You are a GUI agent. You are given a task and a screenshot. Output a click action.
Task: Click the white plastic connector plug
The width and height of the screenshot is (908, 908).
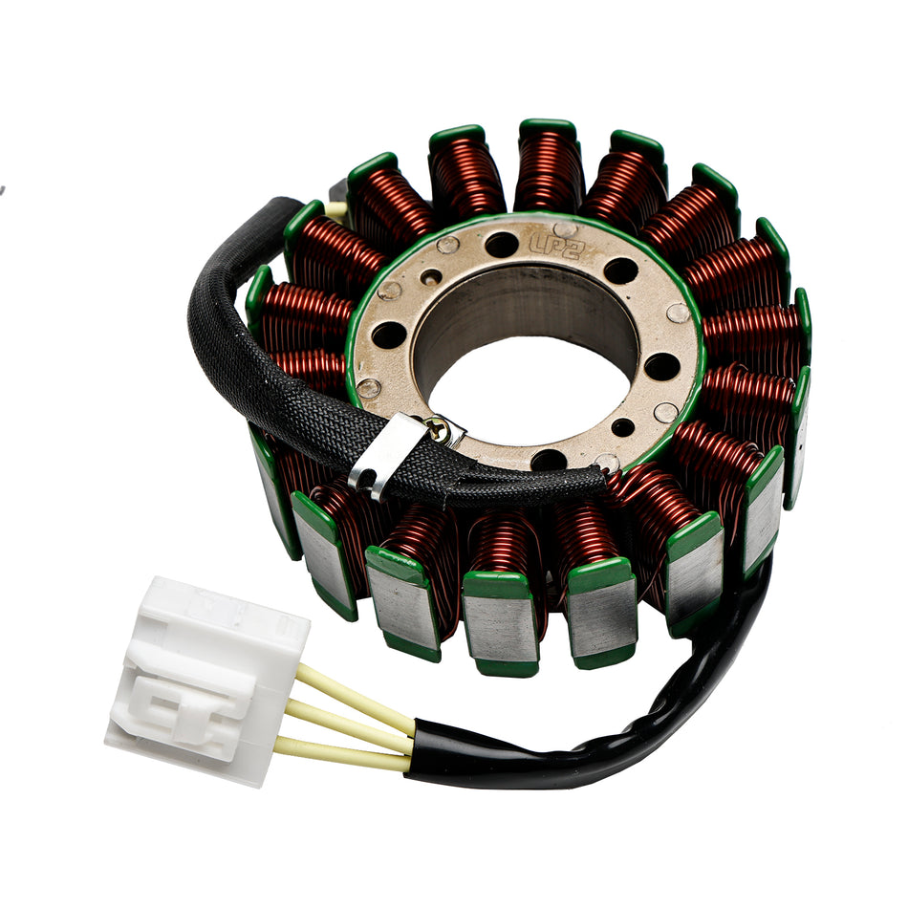pyautogui.click(x=205, y=680)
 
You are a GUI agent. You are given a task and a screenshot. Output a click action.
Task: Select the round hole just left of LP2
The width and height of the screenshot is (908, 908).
pyautogui.click(x=501, y=246)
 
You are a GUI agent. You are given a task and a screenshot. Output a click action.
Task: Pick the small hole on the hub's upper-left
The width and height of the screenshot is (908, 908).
pyautogui.click(x=432, y=277)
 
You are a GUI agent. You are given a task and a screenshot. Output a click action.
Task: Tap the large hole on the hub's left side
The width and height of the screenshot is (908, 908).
pyautogui.click(x=389, y=335)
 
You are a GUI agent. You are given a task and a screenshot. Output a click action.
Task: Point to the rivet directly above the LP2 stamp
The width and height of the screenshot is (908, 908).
pyautogui.click(x=565, y=229)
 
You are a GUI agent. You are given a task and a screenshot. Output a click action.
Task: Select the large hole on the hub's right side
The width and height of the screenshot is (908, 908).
pyautogui.click(x=661, y=365)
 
